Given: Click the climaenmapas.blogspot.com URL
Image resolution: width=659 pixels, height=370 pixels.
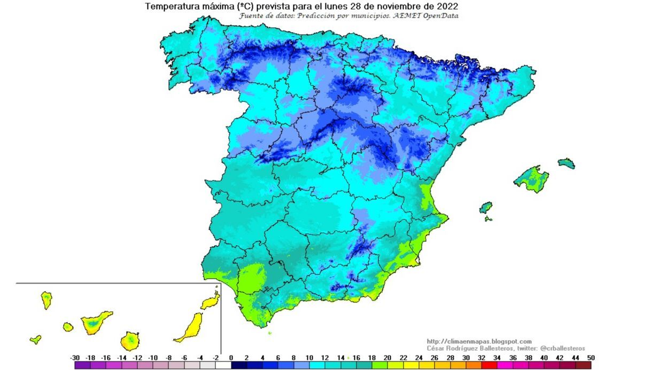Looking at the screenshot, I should [479, 341].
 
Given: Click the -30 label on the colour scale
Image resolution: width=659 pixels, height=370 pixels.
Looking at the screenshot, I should [75, 358].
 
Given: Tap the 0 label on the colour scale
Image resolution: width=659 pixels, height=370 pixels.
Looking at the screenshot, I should [231, 358].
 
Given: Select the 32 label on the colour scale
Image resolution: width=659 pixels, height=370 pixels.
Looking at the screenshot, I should [482, 358].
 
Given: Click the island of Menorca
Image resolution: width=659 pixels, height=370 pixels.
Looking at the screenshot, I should [566, 163].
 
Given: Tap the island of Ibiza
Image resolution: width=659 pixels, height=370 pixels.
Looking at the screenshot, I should [485, 207].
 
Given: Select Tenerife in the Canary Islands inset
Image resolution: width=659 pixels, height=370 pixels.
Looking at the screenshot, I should [96, 321].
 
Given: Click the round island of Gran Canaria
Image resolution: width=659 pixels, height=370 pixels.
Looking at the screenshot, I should [130, 340].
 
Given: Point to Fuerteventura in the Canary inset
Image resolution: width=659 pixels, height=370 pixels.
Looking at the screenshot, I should [190, 327].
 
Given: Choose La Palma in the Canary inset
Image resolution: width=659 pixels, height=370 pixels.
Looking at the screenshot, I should [46, 300].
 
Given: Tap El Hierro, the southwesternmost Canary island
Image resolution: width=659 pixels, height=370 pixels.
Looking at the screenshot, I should [35, 339].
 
